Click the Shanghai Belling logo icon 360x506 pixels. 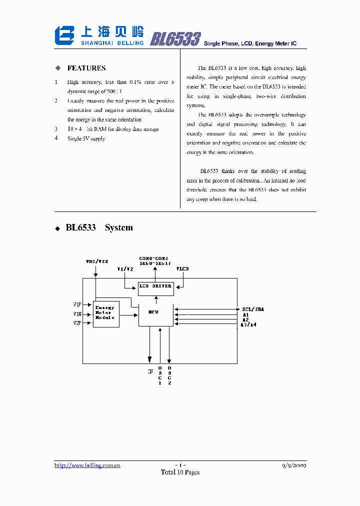pos(64,36)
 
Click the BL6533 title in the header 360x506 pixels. pos(175,39)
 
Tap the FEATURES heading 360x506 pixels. pos(86,68)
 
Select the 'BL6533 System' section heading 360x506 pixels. pos(99,227)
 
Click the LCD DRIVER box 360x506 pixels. pos(155,286)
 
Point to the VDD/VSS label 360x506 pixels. pos(97,261)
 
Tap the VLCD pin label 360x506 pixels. pos(183,268)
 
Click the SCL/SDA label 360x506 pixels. pos(252,309)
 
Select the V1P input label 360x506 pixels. pos(77,304)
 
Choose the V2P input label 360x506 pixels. pos(77,323)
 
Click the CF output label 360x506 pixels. pos(149,371)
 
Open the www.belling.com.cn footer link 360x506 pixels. pos(87,465)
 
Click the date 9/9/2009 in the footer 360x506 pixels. pos(294,465)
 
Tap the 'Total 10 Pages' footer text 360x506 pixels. pos(180,472)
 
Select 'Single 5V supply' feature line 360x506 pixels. pos(86,138)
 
